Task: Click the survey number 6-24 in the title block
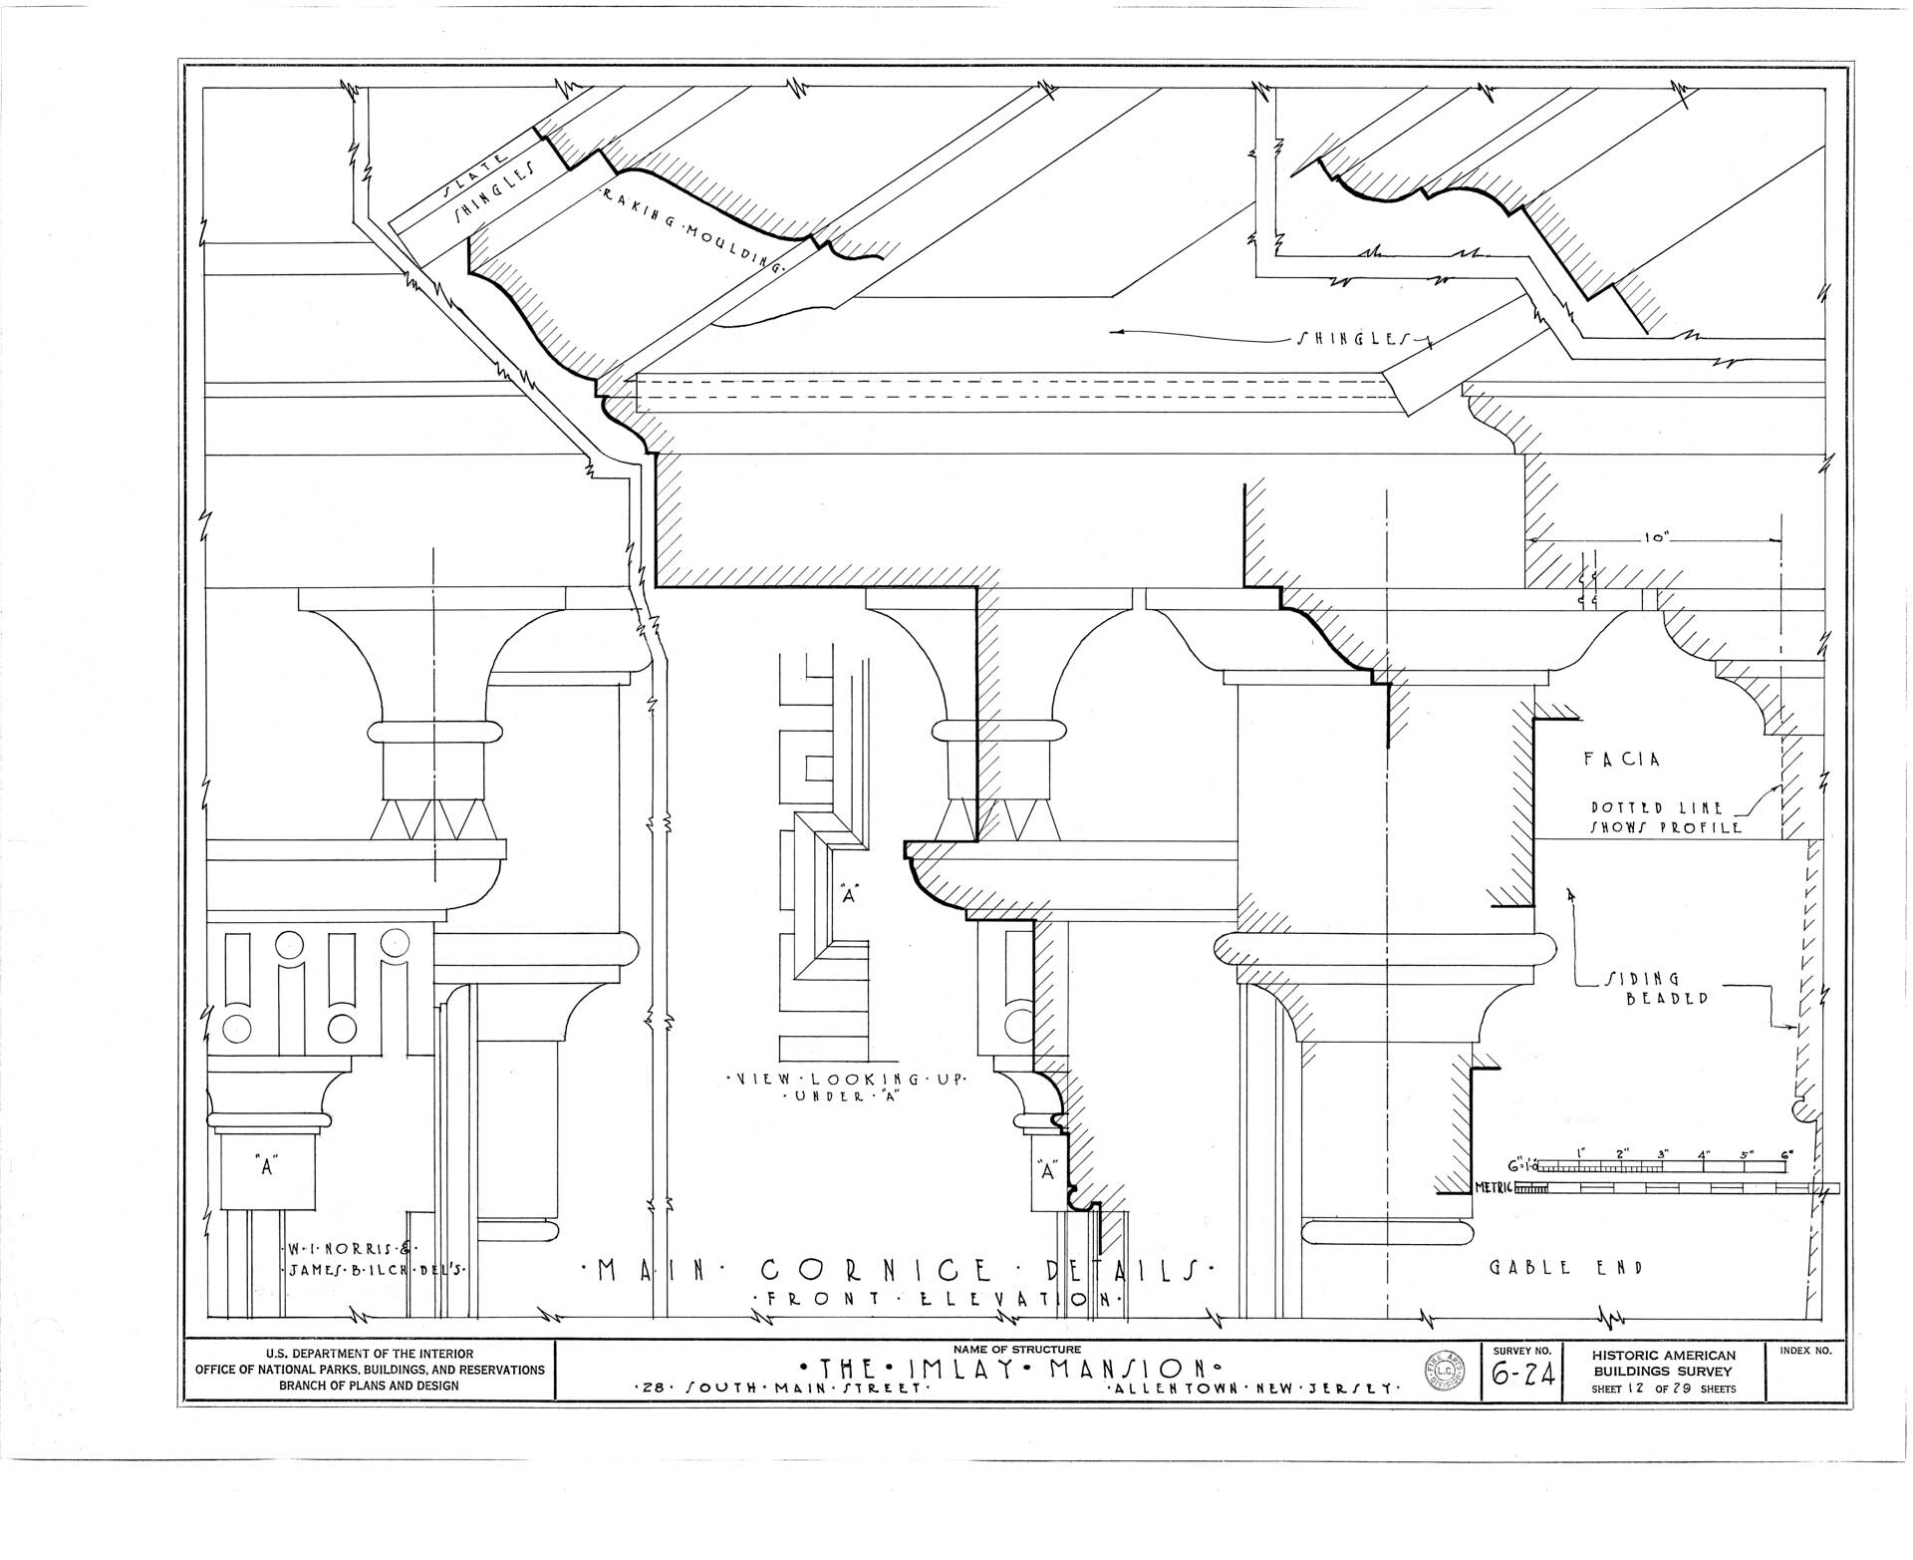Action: point(1521,1380)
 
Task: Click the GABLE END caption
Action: point(1564,1269)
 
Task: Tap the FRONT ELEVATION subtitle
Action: point(938,1299)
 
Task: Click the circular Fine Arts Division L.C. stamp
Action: point(1444,1377)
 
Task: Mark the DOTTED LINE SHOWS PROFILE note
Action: point(1664,817)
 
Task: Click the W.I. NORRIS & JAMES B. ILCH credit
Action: point(371,1258)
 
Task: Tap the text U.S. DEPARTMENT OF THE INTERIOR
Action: point(366,1354)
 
